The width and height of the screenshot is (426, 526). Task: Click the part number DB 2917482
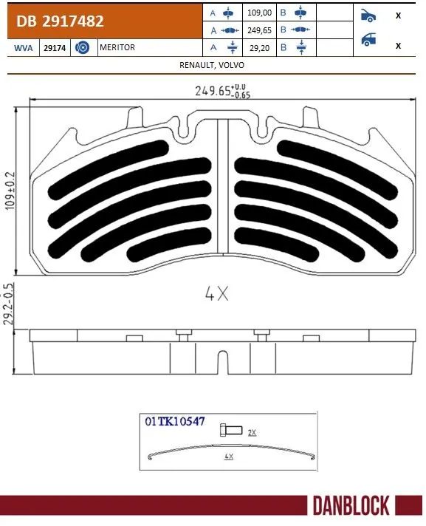tap(57, 21)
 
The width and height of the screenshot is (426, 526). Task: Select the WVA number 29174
tap(55, 47)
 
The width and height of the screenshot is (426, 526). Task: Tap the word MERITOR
tap(117, 47)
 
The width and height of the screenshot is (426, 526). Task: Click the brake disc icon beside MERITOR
tap(83, 47)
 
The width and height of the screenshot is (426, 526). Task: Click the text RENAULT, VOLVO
tap(212, 65)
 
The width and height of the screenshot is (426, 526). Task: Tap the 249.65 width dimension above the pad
tap(214, 92)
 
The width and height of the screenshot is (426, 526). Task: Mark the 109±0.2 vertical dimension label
tap(10, 191)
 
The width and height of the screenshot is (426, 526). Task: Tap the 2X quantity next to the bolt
tap(252, 431)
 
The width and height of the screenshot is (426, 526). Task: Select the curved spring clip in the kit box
tap(228, 450)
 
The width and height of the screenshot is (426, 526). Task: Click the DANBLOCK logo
tap(351, 506)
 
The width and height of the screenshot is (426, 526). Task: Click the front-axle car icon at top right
tap(367, 14)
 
